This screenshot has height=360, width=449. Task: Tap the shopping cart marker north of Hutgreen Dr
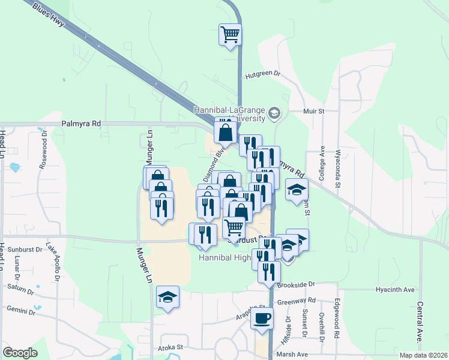tap(230, 35)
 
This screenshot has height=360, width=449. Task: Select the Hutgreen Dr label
tap(263, 75)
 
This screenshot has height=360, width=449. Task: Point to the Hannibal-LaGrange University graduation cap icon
tap(274, 112)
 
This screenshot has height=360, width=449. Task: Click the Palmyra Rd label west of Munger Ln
tap(80, 124)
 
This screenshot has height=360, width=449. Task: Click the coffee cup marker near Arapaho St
tap(262, 318)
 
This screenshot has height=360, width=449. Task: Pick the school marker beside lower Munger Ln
tap(168, 297)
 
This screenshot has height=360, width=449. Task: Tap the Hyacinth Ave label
tap(395, 290)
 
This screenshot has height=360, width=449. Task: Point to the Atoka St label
tap(169, 347)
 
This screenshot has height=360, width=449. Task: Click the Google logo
tap(20, 353)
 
